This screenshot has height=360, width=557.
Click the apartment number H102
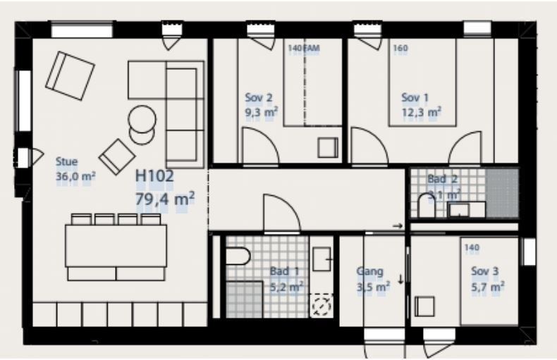pyautogui.click(x=154, y=175)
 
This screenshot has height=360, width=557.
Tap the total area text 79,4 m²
pyautogui.click(x=165, y=199)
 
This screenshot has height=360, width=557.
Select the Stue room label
pyautogui.click(x=66, y=162)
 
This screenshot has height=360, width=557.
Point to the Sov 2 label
pyautogui.click(x=259, y=98)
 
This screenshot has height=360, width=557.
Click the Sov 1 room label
pyautogui.click(x=415, y=98)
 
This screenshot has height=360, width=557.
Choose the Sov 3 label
pyautogui.click(x=485, y=271)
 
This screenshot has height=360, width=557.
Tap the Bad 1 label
pyautogui.click(x=285, y=271)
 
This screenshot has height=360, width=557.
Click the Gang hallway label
pyautogui.click(x=369, y=272)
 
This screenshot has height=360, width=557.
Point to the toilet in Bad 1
pyautogui.click(x=238, y=256)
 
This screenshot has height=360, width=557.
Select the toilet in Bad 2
pyautogui.click(x=427, y=205)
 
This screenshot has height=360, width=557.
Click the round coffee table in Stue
pyautogui.click(x=142, y=119)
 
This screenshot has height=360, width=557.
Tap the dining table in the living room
pyautogui.click(x=116, y=246)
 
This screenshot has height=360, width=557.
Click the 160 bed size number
pyautogui.click(x=400, y=48)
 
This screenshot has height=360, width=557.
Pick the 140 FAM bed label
pyautogui.click(x=304, y=48)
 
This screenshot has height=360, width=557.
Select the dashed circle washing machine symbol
pyautogui.click(x=322, y=305)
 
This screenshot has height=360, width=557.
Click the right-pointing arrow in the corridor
pyautogui.click(x=398, y=226)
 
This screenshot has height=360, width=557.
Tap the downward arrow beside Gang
pyautogui.click(x=400, y=280)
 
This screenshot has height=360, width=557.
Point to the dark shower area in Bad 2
pyautogui.click(x=502, y=193)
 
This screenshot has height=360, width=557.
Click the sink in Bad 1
pyautogui.click(x=322, y=259)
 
